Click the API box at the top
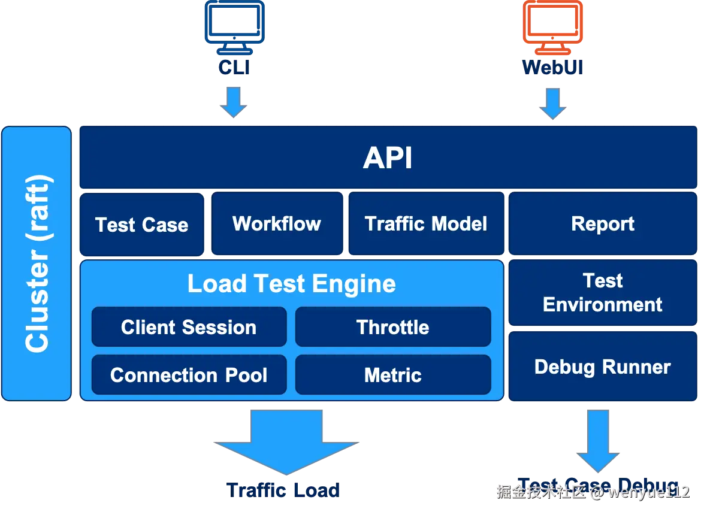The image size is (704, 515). click(388, 158)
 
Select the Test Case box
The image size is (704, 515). click(142, 225)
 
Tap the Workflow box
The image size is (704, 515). click(277, 224)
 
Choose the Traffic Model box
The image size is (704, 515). click(426, 224)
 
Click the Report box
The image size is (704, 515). click(603, 224)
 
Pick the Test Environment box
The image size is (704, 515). click(603, 293)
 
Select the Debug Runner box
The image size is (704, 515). click(603, 366)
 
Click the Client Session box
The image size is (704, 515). click(189, 327)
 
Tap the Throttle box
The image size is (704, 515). click(393, 327)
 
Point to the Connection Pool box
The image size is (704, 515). click(189, 375)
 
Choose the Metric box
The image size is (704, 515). click(393, 375)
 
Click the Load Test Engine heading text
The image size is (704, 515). click(291, 284)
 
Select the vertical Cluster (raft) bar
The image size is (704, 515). click(37, 263)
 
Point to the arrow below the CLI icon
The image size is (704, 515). click(232, 102)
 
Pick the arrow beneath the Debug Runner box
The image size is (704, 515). click(598, 440)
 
